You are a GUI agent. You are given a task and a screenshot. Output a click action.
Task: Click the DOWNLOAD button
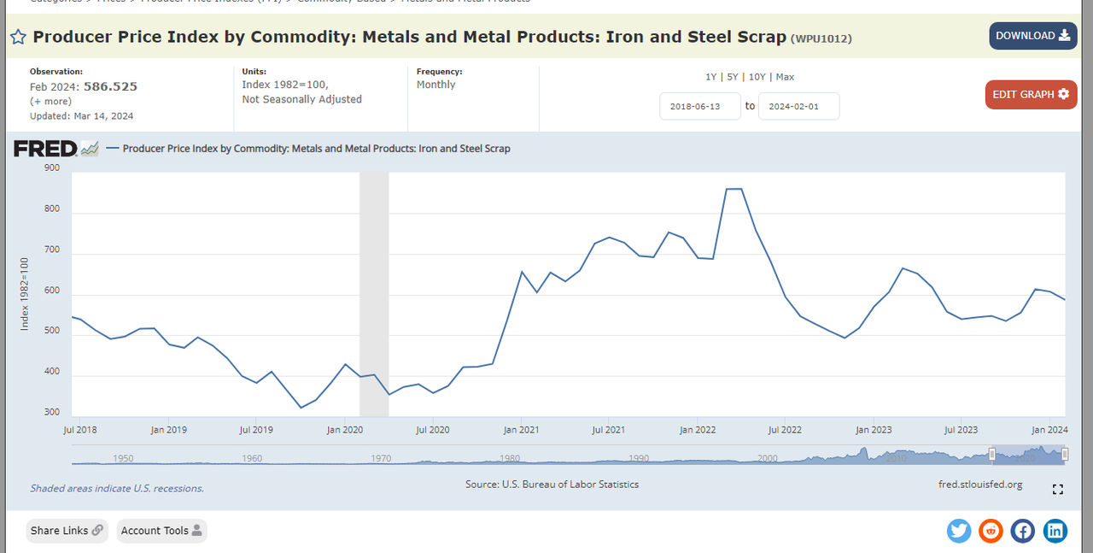[x=1032, y=36]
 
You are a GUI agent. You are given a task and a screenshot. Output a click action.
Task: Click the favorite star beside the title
[x=18, y=37]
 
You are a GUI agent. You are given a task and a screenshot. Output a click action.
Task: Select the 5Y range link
[x=734, y=77]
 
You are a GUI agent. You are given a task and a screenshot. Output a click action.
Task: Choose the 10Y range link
[x=757, y=77]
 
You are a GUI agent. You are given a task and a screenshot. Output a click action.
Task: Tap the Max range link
[x=785, y=77]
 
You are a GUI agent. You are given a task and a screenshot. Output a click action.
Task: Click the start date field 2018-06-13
[x=699, y=106]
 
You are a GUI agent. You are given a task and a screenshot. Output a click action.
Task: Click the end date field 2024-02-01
[x=798, y=106]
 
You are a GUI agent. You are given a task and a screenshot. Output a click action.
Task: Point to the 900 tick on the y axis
[x=51, y=168]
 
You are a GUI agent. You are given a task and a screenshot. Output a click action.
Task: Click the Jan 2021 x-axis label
[x=521, y=430]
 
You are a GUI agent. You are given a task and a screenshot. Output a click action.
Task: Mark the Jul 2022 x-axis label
[x=785, y=430]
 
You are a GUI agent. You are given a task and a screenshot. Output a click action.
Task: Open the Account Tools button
[x=161, y=531]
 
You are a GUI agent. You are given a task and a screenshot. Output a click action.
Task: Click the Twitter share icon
[x=959, y=531]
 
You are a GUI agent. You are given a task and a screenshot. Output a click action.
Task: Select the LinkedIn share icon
[x=1055, y=531]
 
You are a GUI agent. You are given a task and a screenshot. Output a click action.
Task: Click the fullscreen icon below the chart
[x=1058, y=490]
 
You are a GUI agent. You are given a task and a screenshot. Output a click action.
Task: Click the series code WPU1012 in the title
[x=821, y=38]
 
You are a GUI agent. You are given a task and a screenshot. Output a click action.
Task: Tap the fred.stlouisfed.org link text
[x=979, y=485]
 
